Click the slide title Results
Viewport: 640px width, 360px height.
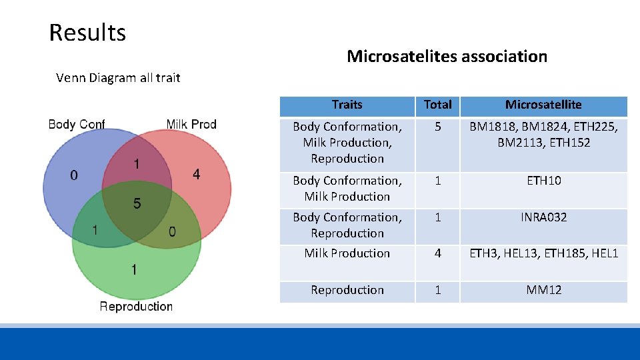coord(87,32)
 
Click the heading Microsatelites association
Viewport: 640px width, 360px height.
coord(447,56)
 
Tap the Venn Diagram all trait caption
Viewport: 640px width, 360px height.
coord(118,78)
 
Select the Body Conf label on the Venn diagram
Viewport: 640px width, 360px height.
coord(77,124)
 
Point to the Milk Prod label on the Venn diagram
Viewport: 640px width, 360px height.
coord(191,124)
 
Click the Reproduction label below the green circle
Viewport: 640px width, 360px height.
coord(136,306)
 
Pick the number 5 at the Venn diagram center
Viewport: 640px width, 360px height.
coord(137,203)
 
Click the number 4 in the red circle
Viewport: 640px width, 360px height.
coord(196,174)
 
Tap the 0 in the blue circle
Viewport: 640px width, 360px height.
coord(73,175)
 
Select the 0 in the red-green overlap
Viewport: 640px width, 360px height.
coord(173,231)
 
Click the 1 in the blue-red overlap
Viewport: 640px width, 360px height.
coord(137,164)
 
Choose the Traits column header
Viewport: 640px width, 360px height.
coord(347,105)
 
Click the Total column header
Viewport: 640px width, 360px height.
coord(437,105)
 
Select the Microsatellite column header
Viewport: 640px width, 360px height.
coord(543,105)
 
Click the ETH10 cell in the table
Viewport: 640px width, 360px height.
coord(543,181)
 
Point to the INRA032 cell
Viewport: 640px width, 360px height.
coord(543,217)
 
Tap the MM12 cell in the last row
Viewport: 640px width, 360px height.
coord(543,290)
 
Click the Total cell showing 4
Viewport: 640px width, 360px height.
coord(437,253)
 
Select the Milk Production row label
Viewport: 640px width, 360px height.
coord(347,253)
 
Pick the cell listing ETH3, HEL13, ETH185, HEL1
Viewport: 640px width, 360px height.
coord(543,253)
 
